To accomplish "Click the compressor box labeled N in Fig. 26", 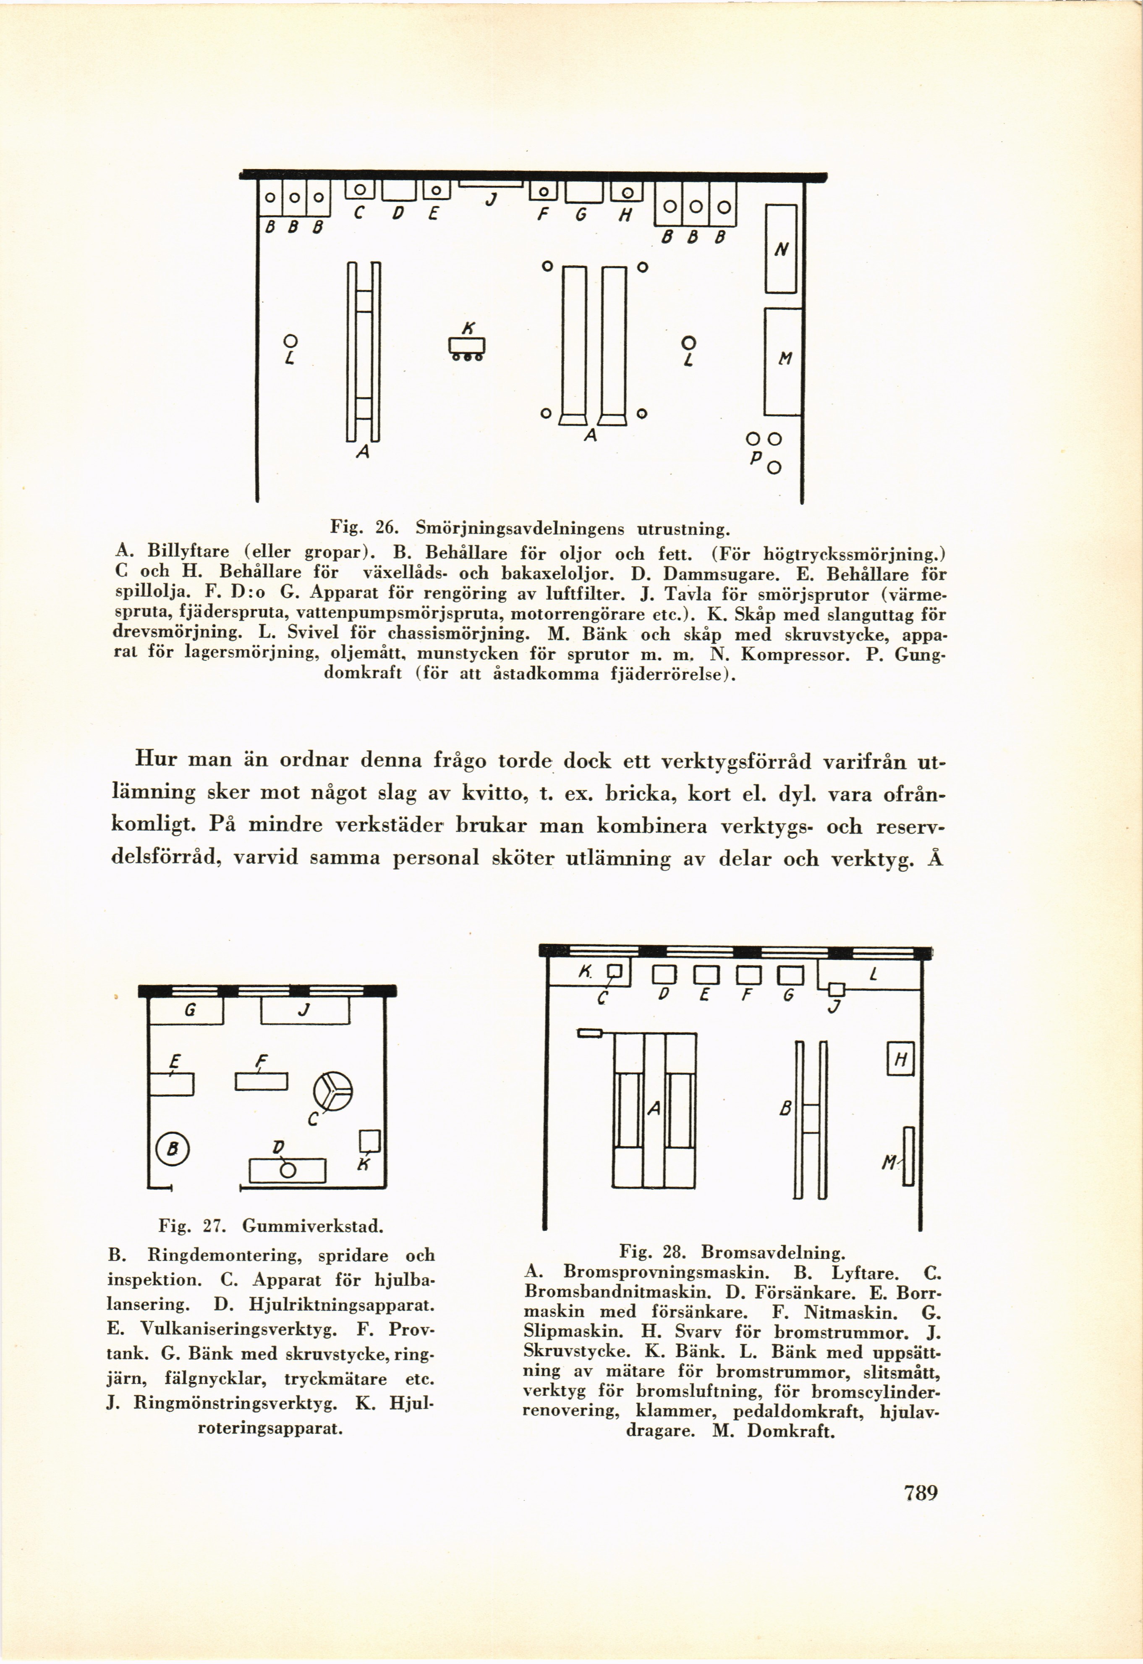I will click(781, 249).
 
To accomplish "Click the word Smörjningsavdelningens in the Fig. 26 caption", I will click(520, 529).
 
